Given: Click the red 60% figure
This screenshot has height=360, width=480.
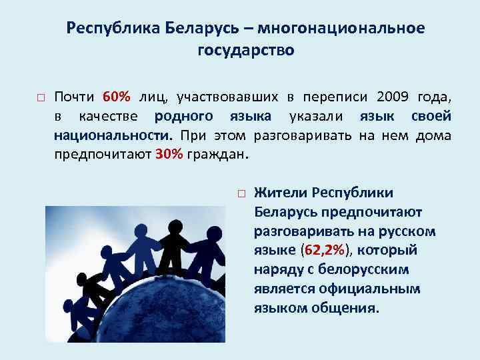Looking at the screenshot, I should pos(116,97).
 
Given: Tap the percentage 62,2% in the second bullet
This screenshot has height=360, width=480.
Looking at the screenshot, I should pos(326,251).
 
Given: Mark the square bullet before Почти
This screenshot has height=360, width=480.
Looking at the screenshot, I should pos(40,98).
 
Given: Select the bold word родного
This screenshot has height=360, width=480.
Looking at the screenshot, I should pos(184,116).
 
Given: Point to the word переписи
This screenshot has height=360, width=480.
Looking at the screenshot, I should pos(329,97).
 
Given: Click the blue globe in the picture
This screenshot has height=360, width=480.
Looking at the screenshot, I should pos(160,313).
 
